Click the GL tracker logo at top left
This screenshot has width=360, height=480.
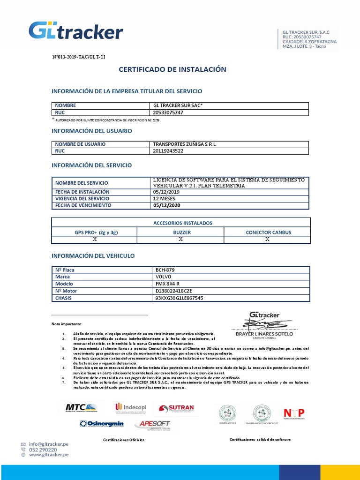point(76,31)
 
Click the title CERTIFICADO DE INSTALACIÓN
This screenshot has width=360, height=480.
point(172,69)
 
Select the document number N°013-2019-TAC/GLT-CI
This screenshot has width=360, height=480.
point(78,56)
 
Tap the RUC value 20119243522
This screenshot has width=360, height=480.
point(168,151)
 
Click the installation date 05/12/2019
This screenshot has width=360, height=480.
point(166,192)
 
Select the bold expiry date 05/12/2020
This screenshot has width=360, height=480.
point(167,205)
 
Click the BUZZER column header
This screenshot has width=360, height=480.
point(180,232)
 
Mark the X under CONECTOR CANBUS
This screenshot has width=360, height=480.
point(267,239)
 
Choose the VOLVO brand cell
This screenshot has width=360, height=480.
point(164,277)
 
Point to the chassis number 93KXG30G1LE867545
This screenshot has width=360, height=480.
point(179,298)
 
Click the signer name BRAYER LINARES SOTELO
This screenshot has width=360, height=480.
point(264,334)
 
